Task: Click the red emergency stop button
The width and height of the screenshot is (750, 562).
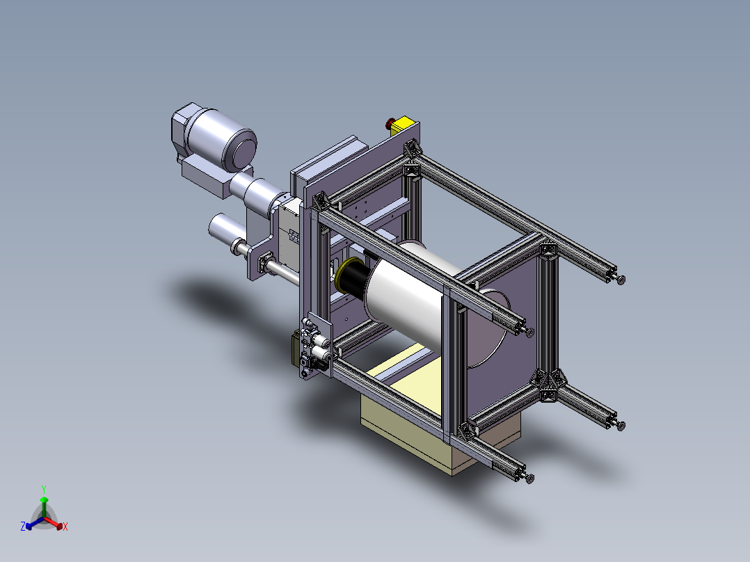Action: pos(390,125)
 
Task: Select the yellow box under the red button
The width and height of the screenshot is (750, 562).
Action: pos(406,127)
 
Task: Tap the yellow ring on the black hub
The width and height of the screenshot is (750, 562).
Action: pos(340,278)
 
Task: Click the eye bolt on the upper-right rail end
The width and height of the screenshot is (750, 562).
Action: pos(621,280)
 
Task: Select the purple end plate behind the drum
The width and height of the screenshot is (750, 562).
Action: pos(515,306)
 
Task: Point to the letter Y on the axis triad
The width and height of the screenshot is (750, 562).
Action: pos(43,488)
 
